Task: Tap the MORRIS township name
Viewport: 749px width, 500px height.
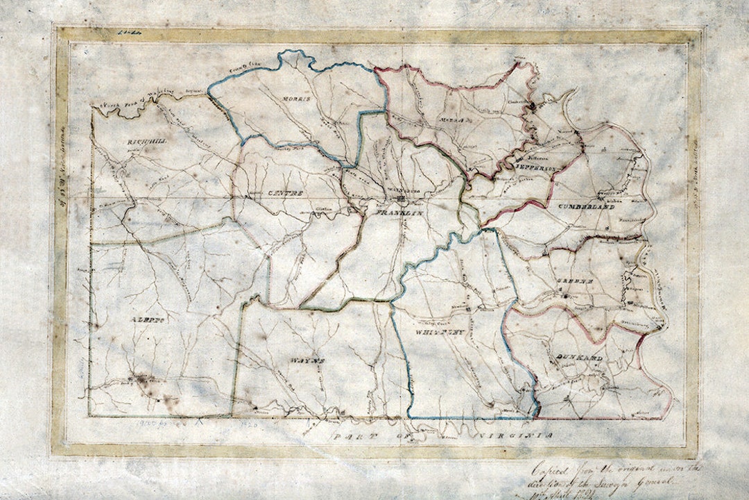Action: [x=294, y=99]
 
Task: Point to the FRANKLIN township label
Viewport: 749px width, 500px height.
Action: [x=399, y=214]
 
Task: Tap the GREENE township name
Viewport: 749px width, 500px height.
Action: [x=574, y=280]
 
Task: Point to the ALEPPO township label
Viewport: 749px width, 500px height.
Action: [x=147, y=320]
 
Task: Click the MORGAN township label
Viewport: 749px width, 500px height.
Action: [x=451, y=120]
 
